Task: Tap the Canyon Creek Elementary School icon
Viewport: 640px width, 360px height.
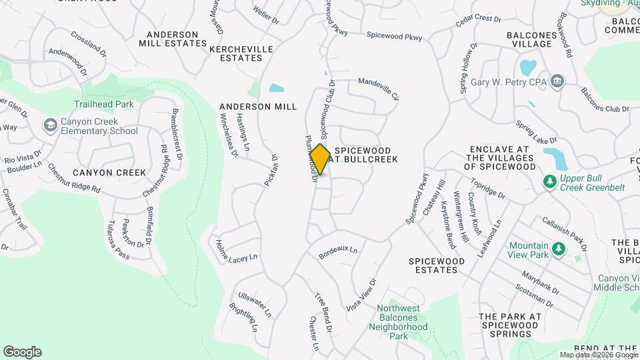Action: [x=50, y=125]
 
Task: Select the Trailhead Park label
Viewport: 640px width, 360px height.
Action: [x=103, y=104]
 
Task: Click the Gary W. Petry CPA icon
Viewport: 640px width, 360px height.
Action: [x=557, y=82]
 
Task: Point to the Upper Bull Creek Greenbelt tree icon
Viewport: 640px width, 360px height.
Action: [x=550, y=181]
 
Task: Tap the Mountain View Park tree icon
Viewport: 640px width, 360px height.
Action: [x=559, y=249]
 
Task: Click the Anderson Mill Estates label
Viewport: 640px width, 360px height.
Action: [x=173, y=39]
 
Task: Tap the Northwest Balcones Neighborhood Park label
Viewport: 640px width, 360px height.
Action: [x=399, y=322]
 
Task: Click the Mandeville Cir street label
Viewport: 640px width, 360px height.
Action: [x=378, y=89]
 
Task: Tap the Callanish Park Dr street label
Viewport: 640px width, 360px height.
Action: [x=563, y=233]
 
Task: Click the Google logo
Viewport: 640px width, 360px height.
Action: [x=22, y=351]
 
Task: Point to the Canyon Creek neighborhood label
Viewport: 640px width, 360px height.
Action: [x=109, y=173]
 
